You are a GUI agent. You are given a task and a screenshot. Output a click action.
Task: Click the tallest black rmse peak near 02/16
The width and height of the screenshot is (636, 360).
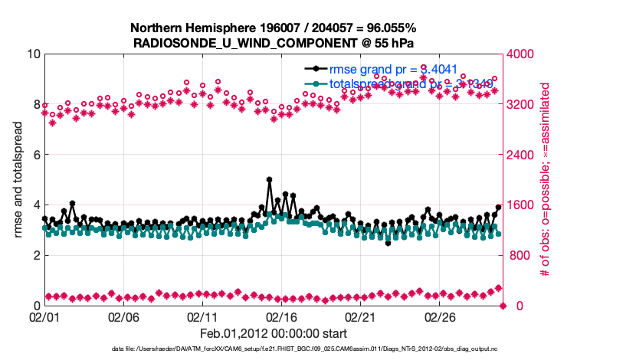pos(269,179)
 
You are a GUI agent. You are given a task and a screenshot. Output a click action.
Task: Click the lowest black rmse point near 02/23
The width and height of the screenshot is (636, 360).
pos(388,243)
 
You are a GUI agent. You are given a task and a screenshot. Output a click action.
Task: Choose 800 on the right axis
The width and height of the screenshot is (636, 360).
pos(519,255)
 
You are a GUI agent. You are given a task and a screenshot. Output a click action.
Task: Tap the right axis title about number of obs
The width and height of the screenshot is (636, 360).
pos(546,180)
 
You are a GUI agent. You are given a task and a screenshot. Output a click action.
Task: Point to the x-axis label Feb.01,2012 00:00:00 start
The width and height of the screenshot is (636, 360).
pos(274,333)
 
